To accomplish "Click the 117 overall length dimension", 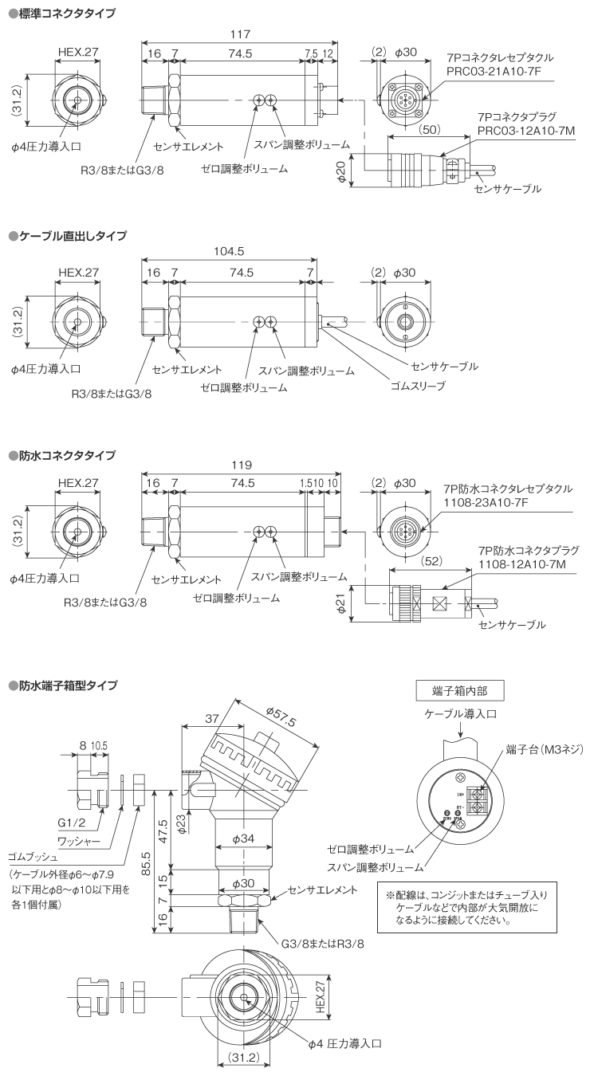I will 239,34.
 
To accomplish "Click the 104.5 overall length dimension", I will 230,251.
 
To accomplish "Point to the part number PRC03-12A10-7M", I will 525,129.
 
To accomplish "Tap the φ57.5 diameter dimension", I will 281,716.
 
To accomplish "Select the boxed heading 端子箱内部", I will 459,690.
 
